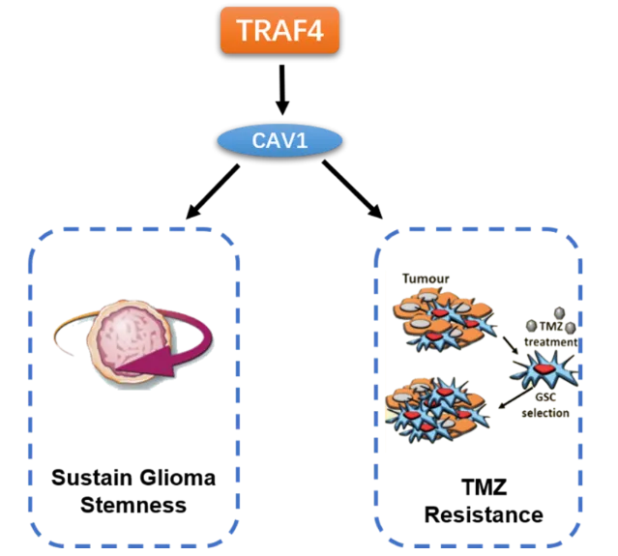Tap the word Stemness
tap(132, 506)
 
